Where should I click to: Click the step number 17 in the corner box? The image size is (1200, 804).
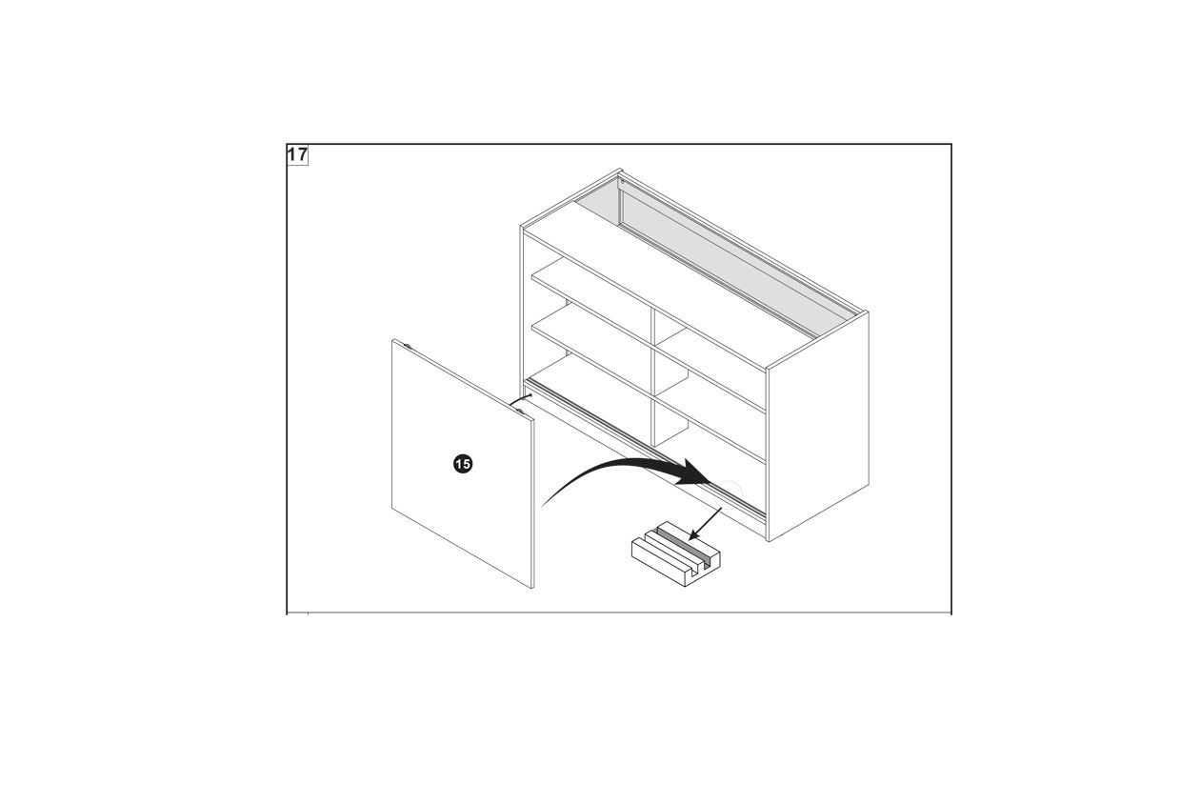[297, 155]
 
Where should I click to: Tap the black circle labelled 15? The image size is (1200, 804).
[463, 464]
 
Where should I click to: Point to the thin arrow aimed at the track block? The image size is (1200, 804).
[705, 524]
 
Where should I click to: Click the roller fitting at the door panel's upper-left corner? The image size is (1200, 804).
[408, 347]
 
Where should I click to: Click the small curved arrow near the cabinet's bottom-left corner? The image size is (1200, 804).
[520, 399]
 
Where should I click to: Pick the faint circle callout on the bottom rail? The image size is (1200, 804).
[730, 492]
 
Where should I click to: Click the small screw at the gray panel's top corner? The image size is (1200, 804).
[622, 181]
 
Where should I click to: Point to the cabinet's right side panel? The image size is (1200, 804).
[819, 426]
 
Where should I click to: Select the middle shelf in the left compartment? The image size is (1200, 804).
[590, 346]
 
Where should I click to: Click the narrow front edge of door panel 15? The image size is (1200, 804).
[532, 504]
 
